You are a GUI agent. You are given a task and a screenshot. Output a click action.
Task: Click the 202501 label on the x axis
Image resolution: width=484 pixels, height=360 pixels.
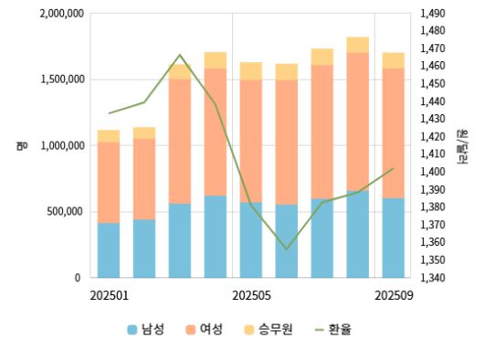coord(110,295)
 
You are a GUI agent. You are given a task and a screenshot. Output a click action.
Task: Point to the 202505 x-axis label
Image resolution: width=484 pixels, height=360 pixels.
coord(252,295)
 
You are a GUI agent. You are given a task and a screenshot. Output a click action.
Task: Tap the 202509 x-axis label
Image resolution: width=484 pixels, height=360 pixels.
coord(395,295)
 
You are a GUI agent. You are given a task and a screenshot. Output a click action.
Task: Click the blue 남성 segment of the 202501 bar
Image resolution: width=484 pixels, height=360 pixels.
coord(109,249)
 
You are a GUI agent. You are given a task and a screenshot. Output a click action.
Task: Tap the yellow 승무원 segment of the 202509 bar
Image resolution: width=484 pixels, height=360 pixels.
coord(394,60)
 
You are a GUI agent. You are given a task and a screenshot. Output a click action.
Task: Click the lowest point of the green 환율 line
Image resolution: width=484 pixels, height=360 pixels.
coord(287,249)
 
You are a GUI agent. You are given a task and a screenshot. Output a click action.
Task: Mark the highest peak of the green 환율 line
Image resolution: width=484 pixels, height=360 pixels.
coord(180,55)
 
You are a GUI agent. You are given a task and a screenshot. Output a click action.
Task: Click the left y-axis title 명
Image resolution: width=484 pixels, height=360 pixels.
coord(18,145)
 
